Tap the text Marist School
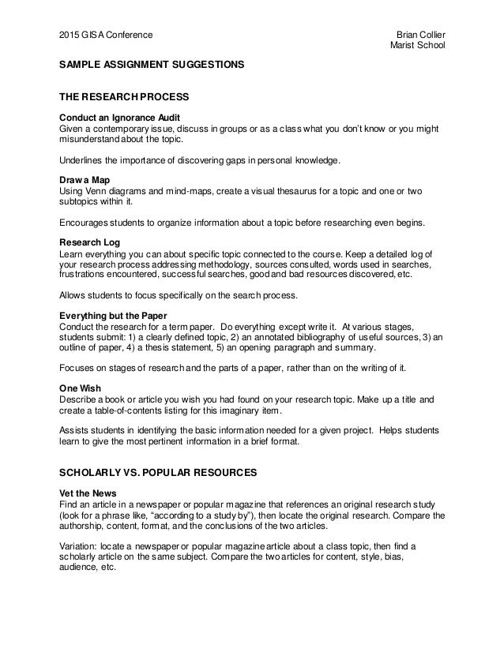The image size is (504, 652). [419, 46]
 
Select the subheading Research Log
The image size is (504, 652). [89, 242]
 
